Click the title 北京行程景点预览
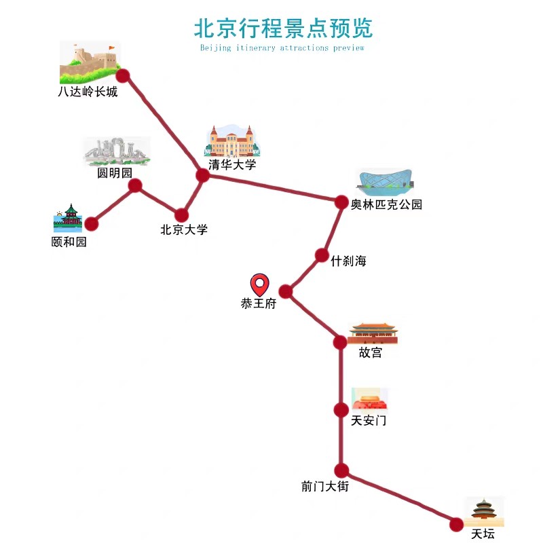(x=283, y=28)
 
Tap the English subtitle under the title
(x=282, y=48)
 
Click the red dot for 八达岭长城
(x=123, y=75)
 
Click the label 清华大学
(x=232, y=164)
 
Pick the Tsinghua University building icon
(x=232, y=141)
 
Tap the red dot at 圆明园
(x=135, y=185)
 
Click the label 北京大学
(x=183, y=229)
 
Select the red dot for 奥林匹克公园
(x=341, y=202)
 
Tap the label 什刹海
(x=348, y=261)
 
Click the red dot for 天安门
(x=341, y=409)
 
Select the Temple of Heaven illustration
(x=484, y=512)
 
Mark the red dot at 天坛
(x=456, y=524)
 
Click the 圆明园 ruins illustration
(x=115, y=152)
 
